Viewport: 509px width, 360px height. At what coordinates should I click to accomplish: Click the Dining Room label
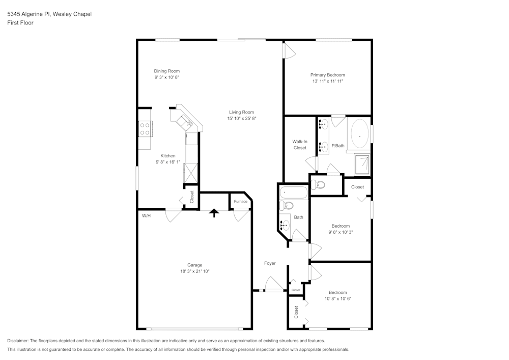[166, 71]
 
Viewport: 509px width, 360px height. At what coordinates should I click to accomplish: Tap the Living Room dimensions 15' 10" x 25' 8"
[241, 119]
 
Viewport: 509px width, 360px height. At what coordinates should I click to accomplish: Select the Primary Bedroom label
[327, 75]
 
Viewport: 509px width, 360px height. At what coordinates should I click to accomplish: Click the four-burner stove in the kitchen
[145, 128]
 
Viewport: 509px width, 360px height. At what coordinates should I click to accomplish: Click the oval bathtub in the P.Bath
[360, 136]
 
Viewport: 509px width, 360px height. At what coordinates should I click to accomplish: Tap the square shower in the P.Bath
[362, 164]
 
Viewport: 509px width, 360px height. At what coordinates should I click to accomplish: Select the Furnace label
[241, 202]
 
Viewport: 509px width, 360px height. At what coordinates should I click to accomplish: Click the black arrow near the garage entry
[214, 213]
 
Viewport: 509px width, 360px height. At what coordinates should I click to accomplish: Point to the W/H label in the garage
[146, 216]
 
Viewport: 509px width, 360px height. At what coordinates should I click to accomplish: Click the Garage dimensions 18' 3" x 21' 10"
[195, 271]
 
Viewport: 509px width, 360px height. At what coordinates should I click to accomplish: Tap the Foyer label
[270, 263]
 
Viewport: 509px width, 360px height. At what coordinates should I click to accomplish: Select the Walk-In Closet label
[300, 145]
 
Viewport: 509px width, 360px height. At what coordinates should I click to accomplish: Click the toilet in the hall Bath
[286, 206]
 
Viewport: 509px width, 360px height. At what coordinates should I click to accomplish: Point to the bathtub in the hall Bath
[294, 192]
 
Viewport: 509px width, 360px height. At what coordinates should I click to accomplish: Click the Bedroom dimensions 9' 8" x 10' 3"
[341, 232]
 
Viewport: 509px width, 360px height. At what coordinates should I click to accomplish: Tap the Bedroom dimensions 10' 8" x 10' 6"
[338, 299]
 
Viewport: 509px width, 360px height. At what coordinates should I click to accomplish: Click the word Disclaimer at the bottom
[17, 341]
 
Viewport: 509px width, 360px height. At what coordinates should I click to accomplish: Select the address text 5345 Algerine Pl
[29, 14]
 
